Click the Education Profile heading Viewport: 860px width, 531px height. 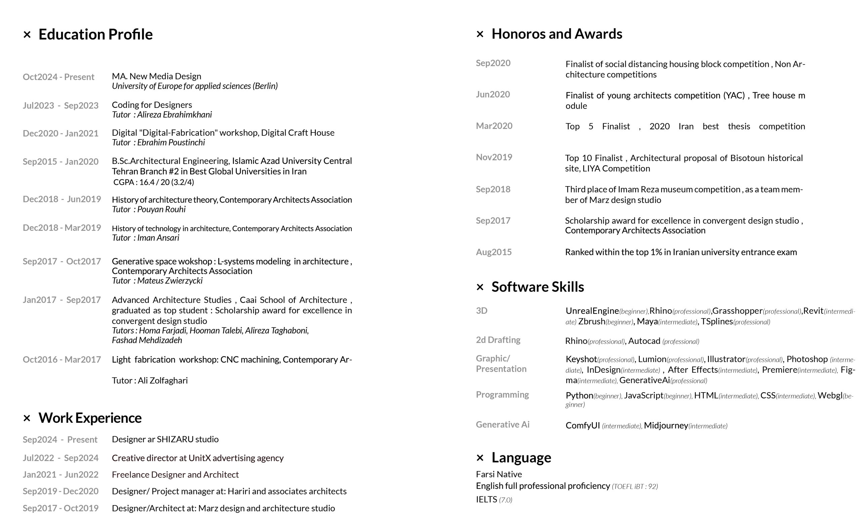[95, 34]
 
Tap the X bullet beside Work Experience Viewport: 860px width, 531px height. [27, 418]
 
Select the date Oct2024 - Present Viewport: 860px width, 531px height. [58, 77]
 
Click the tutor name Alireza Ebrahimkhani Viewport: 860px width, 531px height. [174, 115]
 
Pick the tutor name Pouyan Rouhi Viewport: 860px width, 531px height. [161, 209]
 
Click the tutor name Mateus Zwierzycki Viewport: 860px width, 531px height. [170, 281]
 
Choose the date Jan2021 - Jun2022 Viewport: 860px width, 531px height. [60, 475]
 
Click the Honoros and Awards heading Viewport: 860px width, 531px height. [557, 34]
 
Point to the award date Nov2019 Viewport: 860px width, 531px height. [494, 157]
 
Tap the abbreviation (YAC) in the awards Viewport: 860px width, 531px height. [734, 95]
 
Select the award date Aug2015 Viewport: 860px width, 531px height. [493, 252]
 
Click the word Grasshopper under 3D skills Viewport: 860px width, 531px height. [737, 311]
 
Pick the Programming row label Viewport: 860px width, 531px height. [502, 395]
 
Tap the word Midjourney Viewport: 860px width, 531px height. [666, 426]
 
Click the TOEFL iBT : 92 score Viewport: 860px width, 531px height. [635, 486]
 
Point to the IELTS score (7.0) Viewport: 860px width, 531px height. [506, 500]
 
